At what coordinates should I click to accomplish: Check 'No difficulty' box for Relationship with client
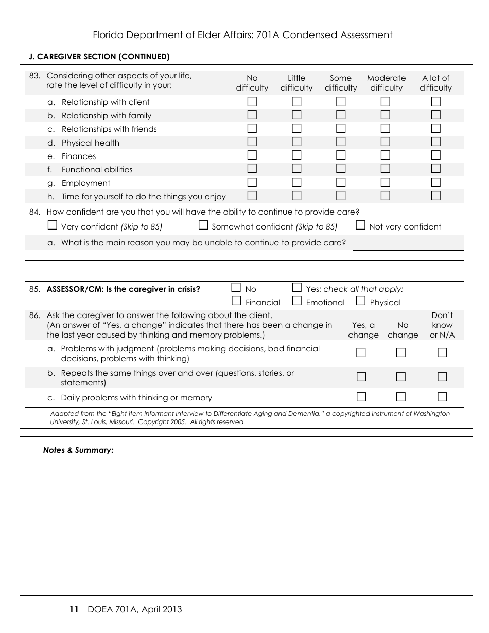tap(252, 101)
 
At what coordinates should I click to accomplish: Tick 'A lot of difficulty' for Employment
tap(435, 182)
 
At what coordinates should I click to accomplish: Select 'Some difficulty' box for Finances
tap(341, 155)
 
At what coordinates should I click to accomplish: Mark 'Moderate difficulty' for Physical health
tap(386, 142)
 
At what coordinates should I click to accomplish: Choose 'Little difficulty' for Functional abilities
tap(296, 168)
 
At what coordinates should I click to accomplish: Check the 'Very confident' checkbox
tap(52, 225)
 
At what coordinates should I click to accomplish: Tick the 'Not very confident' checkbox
tap(360, 225)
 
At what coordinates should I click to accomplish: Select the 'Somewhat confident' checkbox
tap(203, 225)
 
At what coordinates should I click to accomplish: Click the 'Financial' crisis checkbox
tap(236, 301)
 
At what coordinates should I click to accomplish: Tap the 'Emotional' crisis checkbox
tap(296, 301)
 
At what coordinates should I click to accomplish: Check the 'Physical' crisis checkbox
tap(360, 301)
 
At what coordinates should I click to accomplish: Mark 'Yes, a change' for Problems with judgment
tap(361, 353)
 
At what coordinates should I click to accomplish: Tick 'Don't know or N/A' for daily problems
tap(442, 397)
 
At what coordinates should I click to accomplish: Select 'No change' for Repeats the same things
tap(401, 377)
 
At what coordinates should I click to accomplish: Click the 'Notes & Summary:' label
tap(78, 450)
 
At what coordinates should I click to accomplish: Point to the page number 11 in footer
tap(74, 610)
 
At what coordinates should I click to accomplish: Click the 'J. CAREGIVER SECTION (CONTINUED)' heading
tap(99, 57)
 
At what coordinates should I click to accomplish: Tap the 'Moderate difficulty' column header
tap(386, 83)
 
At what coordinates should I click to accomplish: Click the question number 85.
tap(35, 289)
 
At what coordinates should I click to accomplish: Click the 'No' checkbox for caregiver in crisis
tap(236, 287)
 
